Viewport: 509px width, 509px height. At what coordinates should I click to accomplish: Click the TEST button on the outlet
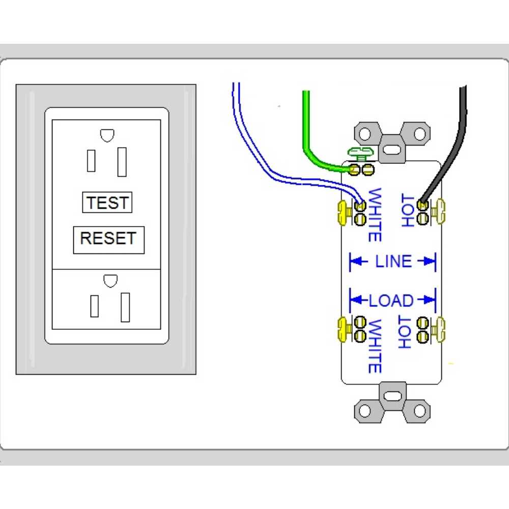(107, 203)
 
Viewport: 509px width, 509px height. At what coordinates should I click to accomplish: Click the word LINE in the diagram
(393, 262)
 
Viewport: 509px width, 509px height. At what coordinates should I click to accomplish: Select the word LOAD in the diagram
(391, 301)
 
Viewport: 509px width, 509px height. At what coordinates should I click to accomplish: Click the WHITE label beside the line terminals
(375, 214)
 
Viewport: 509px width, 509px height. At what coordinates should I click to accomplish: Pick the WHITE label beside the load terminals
(375, 346)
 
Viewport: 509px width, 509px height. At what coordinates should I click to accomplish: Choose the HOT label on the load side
(405, 332)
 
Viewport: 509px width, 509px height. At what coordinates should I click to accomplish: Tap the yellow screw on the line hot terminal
(439, 212)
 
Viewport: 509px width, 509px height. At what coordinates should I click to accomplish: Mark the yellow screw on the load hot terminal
(439, 329)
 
